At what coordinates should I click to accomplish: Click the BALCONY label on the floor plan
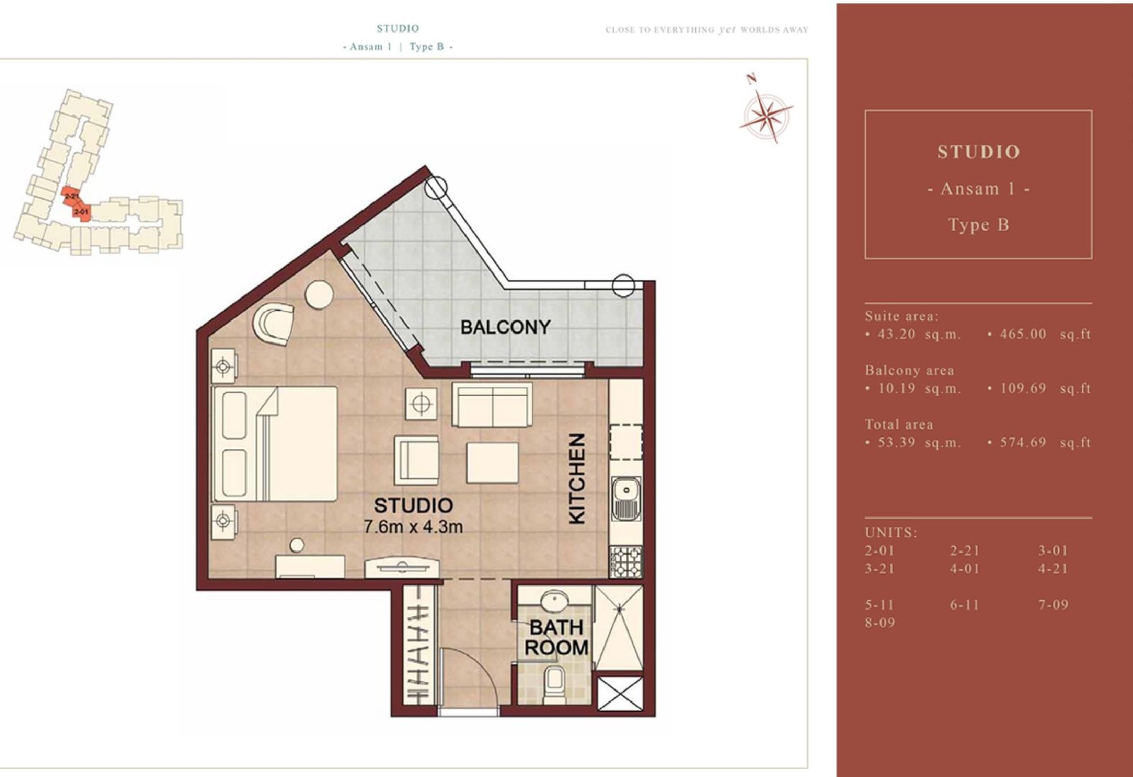point(506,327)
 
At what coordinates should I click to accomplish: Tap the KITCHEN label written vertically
point(578,478)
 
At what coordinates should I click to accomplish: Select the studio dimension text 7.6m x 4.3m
point(414,526)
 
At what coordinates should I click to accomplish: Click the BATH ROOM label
point(557,637)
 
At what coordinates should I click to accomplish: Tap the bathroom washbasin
point(555,603)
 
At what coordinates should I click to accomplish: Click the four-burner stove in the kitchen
point(626,561)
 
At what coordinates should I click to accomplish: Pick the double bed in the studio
point(275,443)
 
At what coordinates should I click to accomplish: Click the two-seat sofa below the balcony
point(491,404)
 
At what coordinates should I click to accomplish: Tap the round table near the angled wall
point(319,295)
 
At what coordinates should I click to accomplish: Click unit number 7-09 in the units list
point(1053,604)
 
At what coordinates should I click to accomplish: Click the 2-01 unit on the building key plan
point(81,213)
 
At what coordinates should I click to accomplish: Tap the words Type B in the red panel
point(978,225)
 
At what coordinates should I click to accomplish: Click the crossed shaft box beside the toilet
point(620,693)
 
